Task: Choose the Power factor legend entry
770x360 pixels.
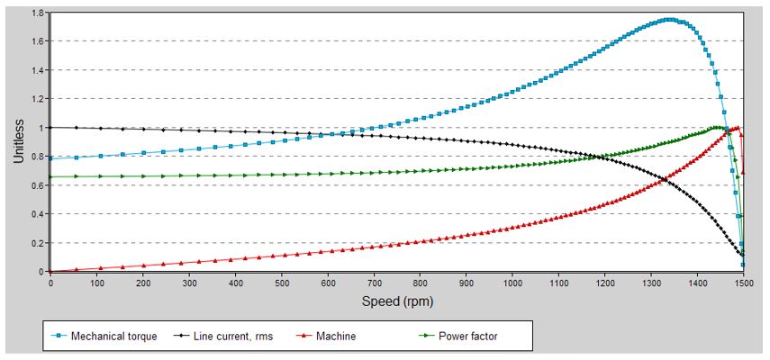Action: tap(468, 337)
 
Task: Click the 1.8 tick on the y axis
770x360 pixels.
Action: tap(37, 13)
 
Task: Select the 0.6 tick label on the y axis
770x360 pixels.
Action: tap(37, 185)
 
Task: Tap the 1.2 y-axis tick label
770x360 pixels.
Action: tap(37, 99)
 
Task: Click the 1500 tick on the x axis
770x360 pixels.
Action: tap(743, 283)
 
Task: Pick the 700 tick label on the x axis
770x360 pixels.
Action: tap(374, 283)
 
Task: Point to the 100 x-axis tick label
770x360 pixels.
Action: tap(96, 283)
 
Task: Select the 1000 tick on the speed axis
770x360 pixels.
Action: tap(512, 283)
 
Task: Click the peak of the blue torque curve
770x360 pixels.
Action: tap(668, 19)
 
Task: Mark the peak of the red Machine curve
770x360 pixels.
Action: tap(737, 128)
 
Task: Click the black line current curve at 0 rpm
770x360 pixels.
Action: tap(50, 127)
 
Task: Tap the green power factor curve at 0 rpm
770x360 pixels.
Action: tap(50, 176)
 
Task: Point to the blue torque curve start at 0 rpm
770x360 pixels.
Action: tap(50, 159)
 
